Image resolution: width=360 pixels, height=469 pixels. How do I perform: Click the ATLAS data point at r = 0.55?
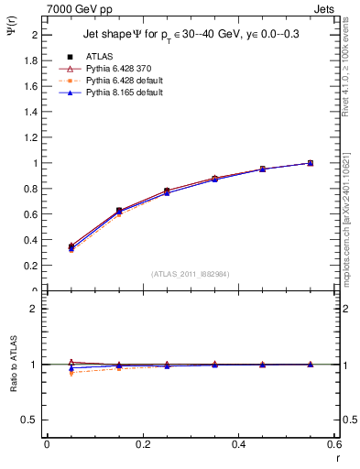[x=311, y=163]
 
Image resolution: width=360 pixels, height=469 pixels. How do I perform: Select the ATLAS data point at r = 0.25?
[x=167, y=191]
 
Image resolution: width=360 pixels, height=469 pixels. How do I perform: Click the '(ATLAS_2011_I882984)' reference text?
[x=191, y=273]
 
